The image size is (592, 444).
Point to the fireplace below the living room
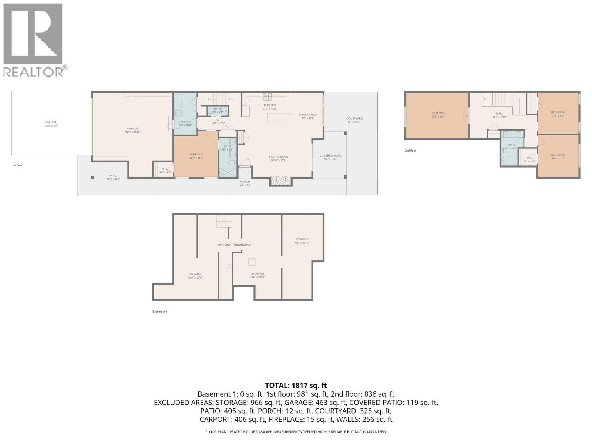click(281, 181)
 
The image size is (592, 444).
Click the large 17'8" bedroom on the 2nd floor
click(438, 115)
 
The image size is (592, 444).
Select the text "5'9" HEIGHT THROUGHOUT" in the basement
click(235, 245)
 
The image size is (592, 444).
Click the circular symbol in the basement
click(229, 267)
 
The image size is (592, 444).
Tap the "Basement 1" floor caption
click(159, 312)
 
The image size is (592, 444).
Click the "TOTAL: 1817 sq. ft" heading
click(296, 386)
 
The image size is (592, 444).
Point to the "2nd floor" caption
click(410, 151)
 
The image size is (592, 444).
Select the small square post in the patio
click(92, 177)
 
